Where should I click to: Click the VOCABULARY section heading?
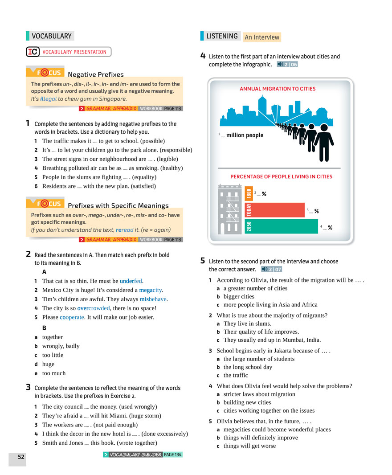(51, 36)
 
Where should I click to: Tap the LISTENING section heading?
(222, 36)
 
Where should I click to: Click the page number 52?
(21, 457)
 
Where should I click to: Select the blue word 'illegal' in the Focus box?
(48, 99)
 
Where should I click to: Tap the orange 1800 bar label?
(249, 193)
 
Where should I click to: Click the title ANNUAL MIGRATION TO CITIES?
(278, 89)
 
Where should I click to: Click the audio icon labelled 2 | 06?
(287, 64)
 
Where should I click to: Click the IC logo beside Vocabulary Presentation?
(33, 52)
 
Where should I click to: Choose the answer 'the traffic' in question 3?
(236, 375)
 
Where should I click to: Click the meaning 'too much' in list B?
(54, 373)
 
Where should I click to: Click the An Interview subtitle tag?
(262, 37)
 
